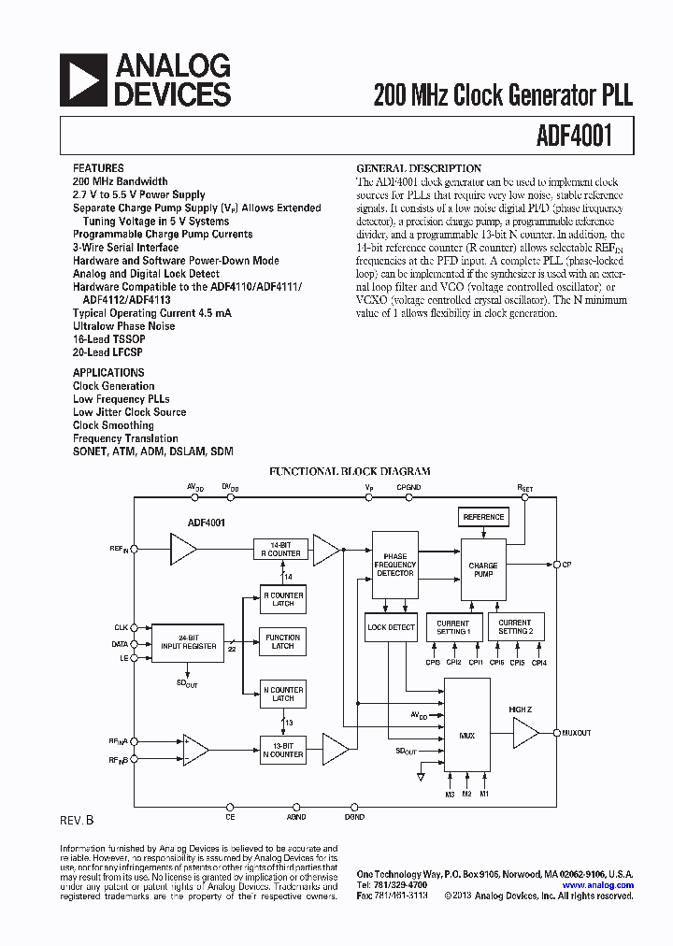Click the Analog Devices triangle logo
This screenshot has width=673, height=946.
(x=82, y=79)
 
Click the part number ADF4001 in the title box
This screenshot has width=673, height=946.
(x=574, y=136)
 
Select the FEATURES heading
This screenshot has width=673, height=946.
(x=98, y=168)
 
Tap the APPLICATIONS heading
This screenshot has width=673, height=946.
(x=108, y=372)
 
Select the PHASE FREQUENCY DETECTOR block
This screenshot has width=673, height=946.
(x=395, y=565)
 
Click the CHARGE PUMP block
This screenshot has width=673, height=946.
(x=483, y=568)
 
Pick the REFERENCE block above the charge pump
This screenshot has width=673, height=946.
(x=483, y=517)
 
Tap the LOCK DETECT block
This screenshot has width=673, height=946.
(x=391, y=627)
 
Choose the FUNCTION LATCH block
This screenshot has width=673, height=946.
(x=283, y=641)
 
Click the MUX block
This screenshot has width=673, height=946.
(x=466, y=736)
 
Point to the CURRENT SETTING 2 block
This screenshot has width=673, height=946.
(x=514, y=626)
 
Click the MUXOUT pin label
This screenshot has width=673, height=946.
(x=577, y=733)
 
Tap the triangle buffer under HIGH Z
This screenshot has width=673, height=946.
(x=524, y=734)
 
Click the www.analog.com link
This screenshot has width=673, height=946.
(x=598, y=885)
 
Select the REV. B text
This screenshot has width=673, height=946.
(x=77, y=820)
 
